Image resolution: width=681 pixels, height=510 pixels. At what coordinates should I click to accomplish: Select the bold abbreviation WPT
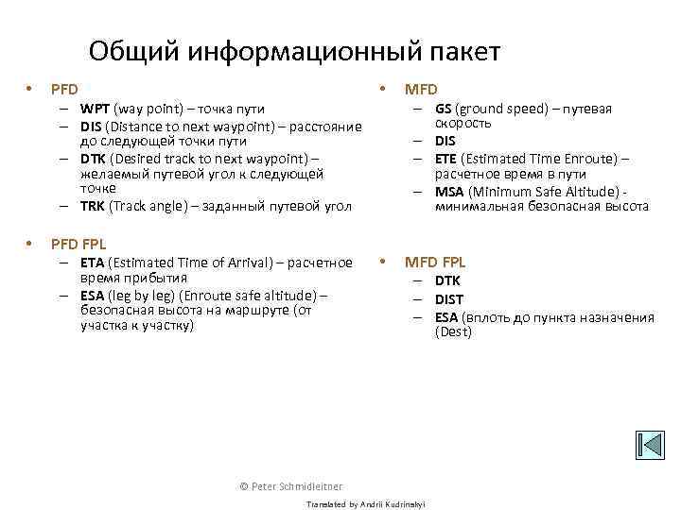[96, 109]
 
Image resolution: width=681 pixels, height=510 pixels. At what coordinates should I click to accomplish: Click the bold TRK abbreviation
[92, 205]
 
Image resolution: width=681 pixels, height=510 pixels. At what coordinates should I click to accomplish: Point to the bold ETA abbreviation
[92, 263]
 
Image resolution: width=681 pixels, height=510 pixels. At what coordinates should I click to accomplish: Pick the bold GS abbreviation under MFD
[443, 109]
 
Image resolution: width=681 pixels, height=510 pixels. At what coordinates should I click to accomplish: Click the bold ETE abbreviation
[445, 158]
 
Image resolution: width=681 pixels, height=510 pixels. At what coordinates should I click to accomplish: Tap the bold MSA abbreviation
[448, 191]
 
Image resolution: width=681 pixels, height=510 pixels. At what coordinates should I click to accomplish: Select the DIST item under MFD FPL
[449, 299]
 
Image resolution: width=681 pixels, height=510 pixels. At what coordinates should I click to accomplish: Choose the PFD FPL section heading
[79, 244]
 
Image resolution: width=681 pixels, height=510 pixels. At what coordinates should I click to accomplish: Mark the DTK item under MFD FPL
[448, 280]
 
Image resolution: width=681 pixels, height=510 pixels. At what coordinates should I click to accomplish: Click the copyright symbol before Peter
[244, 485]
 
